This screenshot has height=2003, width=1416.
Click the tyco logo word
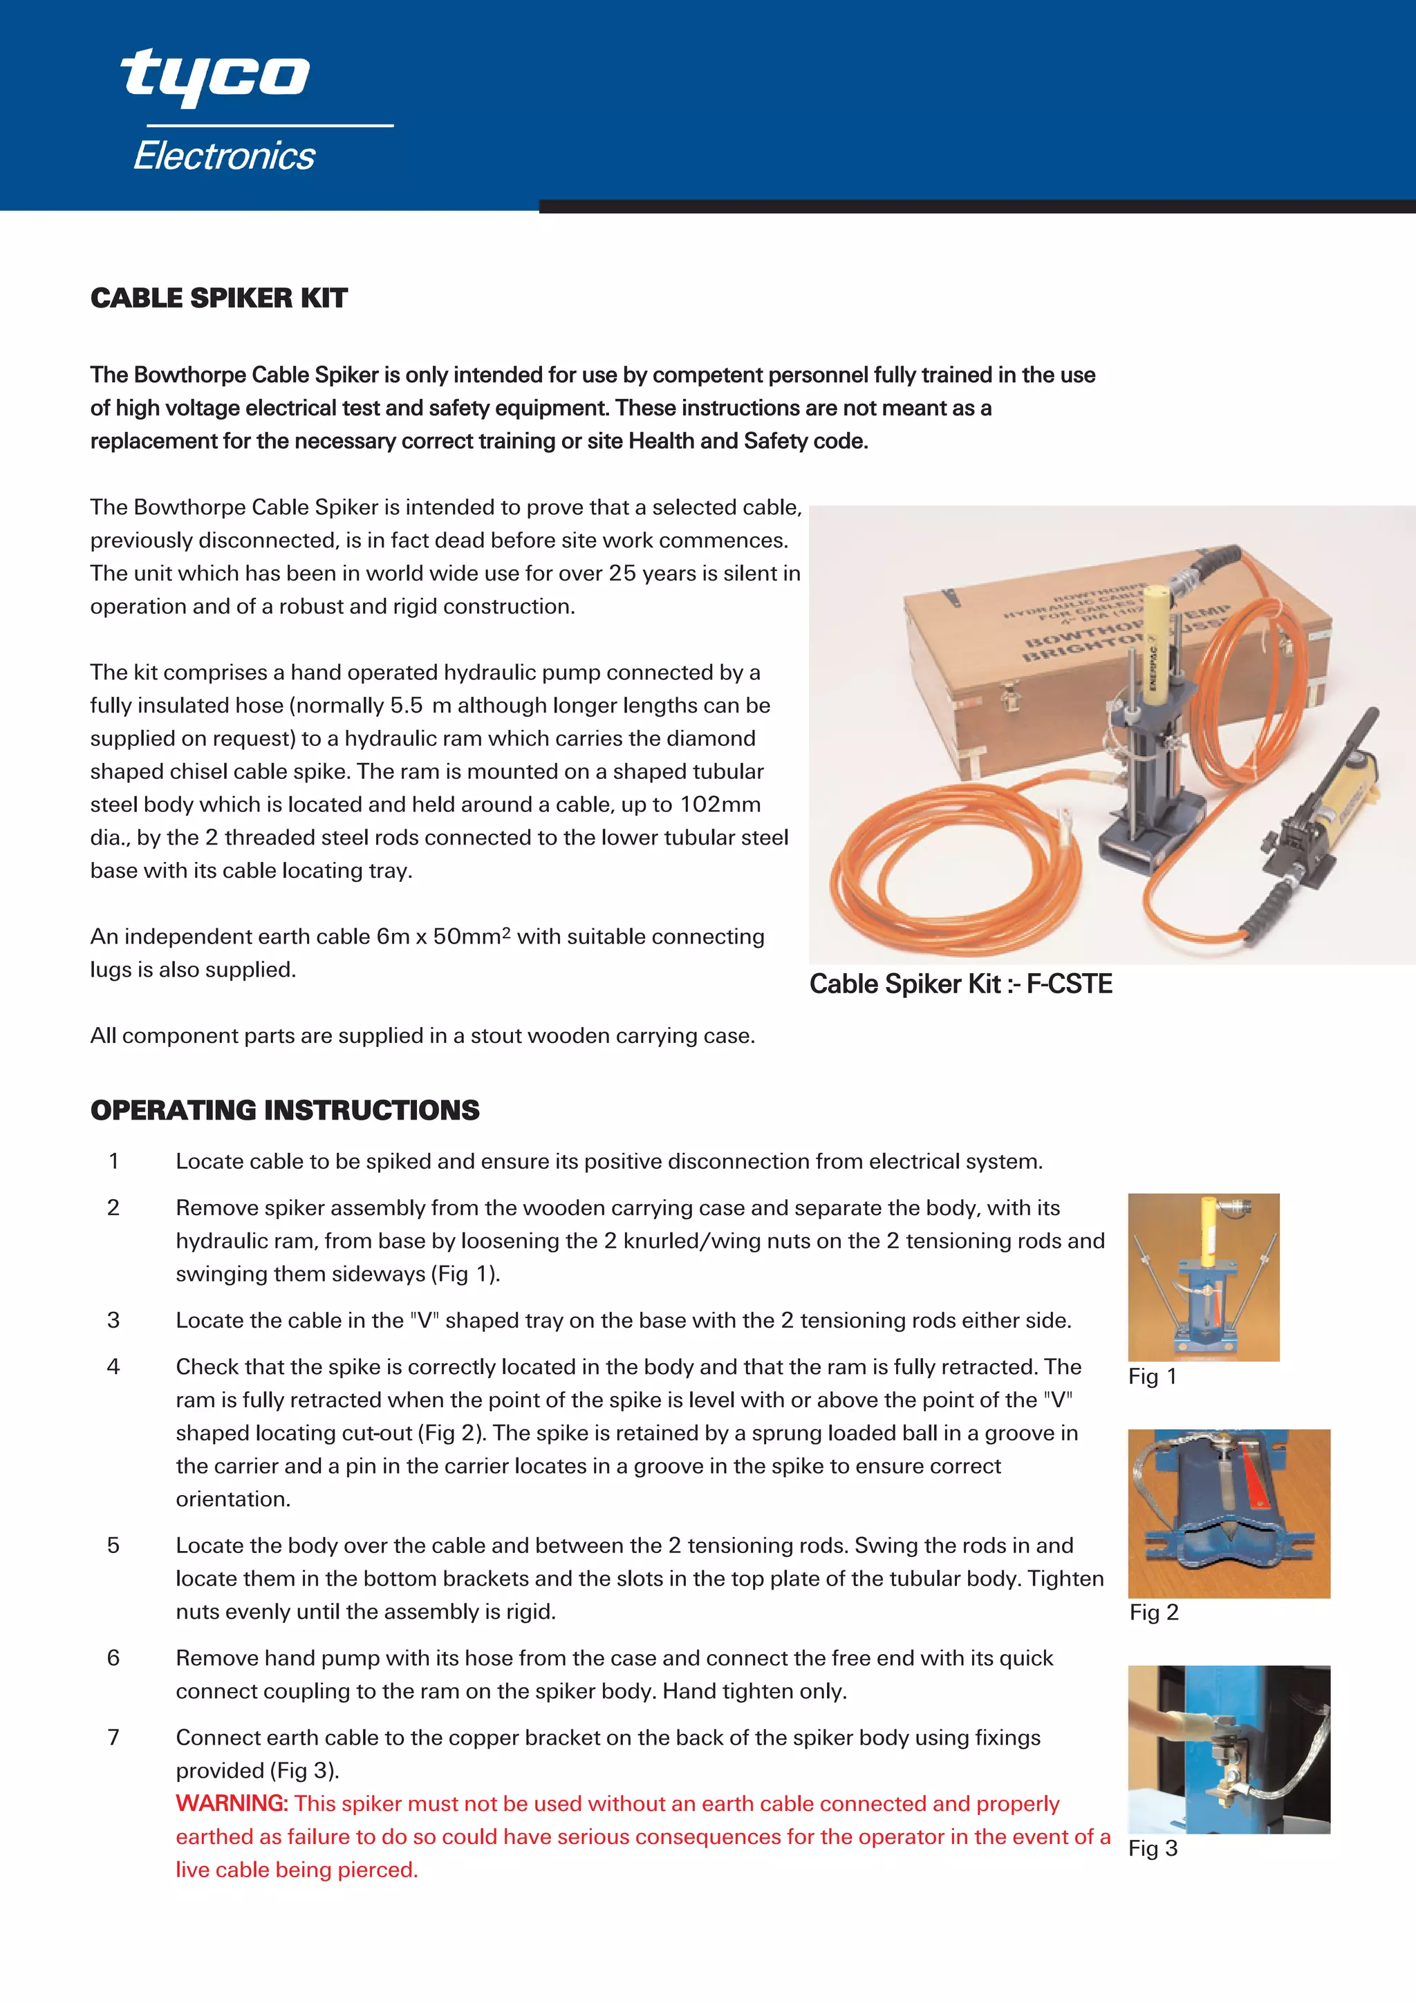click(214, 77)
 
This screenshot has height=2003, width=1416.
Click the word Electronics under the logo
click(224, 156)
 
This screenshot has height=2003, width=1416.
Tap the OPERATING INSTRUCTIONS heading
click(284, 1110)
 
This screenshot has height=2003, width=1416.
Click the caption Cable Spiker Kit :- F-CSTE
click(960, 984)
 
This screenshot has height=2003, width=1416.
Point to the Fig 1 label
click(1152, 1377)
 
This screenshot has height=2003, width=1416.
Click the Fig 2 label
click(1153, 1612)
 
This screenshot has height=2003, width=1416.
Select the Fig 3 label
click(1152, 1849)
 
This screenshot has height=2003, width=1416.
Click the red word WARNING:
click(231, 1803)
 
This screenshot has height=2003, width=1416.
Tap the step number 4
click(113, 1367)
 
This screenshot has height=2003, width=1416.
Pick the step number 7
click(113, 1738)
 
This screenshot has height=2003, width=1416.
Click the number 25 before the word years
click(622, 573)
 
